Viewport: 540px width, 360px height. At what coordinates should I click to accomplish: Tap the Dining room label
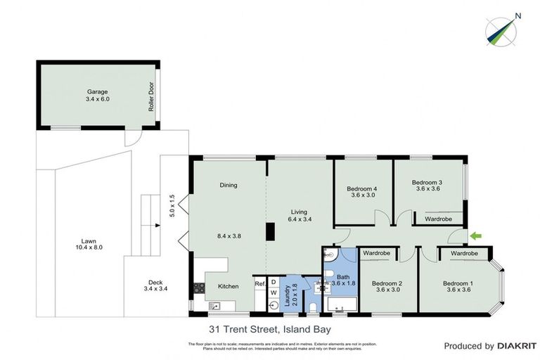coord(229,186)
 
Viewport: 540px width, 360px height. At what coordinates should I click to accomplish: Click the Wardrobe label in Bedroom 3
coord(439,219)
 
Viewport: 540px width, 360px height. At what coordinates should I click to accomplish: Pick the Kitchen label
coord(228,286)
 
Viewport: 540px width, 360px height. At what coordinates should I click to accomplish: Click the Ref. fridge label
coord(259,284)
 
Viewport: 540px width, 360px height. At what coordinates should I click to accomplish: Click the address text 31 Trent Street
coord(269,328)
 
